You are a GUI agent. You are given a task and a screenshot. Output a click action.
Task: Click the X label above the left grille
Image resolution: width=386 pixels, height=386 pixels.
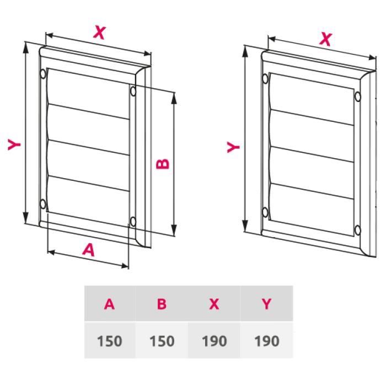(x=99, y=33)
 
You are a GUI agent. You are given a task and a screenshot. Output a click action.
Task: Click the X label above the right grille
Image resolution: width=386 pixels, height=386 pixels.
(x=326, y=39)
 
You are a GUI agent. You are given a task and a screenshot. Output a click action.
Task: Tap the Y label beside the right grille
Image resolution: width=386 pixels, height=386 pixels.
(x=234, y=147)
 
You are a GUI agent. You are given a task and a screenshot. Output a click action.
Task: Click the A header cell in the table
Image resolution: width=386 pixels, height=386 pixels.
(x=110, y=304)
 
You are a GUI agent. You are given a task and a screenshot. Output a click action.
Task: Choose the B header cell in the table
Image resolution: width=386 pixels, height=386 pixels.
(x=162, y=304)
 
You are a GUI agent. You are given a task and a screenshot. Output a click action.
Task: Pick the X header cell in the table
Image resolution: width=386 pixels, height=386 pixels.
(x=214, y=304)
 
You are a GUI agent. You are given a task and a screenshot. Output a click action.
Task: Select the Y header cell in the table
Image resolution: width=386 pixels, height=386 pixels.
(x=266, y=304)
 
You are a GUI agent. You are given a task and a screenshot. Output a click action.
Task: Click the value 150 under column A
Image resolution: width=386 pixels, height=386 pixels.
(x=110, y=340)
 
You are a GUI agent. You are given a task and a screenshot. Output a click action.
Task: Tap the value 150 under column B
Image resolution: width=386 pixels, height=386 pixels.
(x=162, y=340)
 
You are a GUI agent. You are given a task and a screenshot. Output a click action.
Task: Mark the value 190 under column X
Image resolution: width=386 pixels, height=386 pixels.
(x=214, y=340)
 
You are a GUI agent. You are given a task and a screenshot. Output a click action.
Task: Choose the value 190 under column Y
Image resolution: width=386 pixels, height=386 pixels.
(x=266, y=340)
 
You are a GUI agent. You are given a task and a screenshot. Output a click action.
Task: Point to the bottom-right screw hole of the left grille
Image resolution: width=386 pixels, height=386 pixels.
(x=133, y=222)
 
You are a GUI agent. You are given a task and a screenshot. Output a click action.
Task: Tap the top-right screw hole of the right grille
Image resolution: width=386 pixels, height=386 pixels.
(x=358, y=97)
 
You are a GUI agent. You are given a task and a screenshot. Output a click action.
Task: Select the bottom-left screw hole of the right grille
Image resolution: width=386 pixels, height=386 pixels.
(x=265, y=211)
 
